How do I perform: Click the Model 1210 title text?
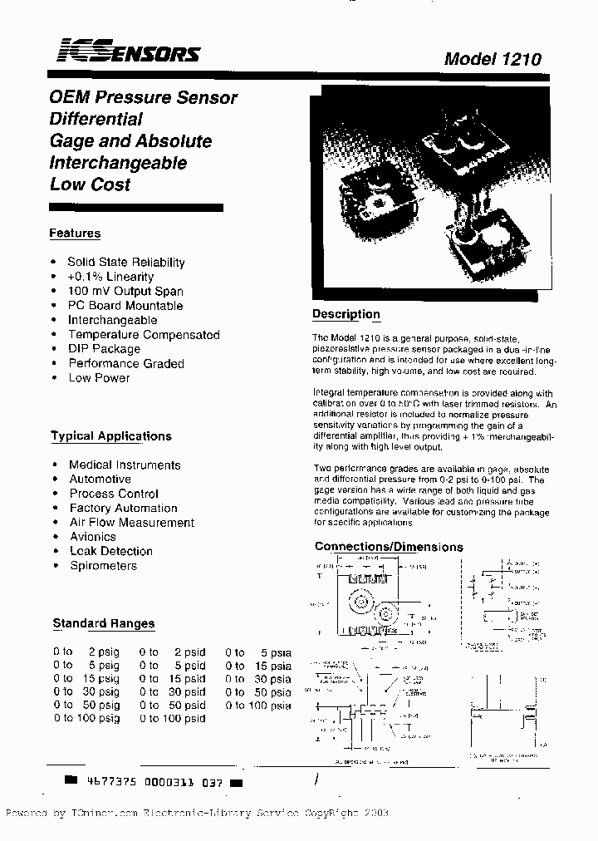pyautogui.click(x=492, y=59)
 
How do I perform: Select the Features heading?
pyautogui.click(x=75, y=234)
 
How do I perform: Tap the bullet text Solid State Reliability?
pyautogui.click(x=126, y=262)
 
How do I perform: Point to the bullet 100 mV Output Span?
pyautogui.click(x=125, y=291)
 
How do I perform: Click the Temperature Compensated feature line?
pyautogui.click(x=144, y=334)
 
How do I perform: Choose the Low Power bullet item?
pyautogui.click(x=99, y=377)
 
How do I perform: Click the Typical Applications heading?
pyautogui.click(x=111, y=435)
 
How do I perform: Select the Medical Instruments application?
pyautogui.click(x=125, y=465)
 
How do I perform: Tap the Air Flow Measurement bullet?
pyautogui.click(x=131, y=522)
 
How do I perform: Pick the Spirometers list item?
pyautogui.click(x=103, y=565)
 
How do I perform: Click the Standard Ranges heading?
pyautogui.click(x=104, y=623)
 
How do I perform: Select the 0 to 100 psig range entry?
pyautogui.click(x=86, y=718)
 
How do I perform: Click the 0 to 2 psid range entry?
pyautogui.click(x=173, y=652)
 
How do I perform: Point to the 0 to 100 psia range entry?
pyautogui.click(x=258, y=706)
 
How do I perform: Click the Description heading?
pyautogui.click(x=346, y=314)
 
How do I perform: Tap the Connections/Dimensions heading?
pyautogui.click(x=389, y=547)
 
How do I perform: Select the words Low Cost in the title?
pyautogui.click(x=91, y=184)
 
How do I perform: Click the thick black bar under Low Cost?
pyautogui.click(x=136, y=207)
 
